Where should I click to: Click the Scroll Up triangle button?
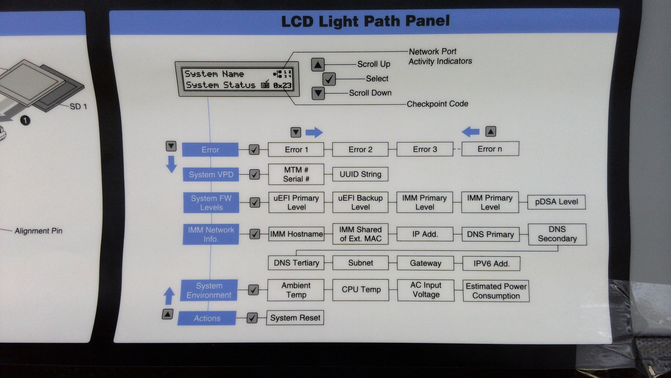[318, 65]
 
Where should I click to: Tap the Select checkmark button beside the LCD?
[329, 79]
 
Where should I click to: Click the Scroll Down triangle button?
[318, 93]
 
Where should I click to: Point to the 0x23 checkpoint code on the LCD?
[282, 85]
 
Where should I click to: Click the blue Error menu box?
[210, 150]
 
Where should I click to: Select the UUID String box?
[360, 174]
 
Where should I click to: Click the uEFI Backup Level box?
[360, 202]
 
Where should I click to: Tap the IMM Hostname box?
[296, 234]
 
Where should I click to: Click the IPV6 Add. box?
[491, 264]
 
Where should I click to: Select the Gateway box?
[425, 263]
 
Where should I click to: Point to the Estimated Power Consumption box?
[496, 291]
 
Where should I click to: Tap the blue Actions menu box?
[207, 318]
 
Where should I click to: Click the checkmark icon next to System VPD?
[255, 175]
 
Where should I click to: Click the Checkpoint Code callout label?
[437, 104]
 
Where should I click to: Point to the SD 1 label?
[78, 106]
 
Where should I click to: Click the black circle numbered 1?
[25, 120]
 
